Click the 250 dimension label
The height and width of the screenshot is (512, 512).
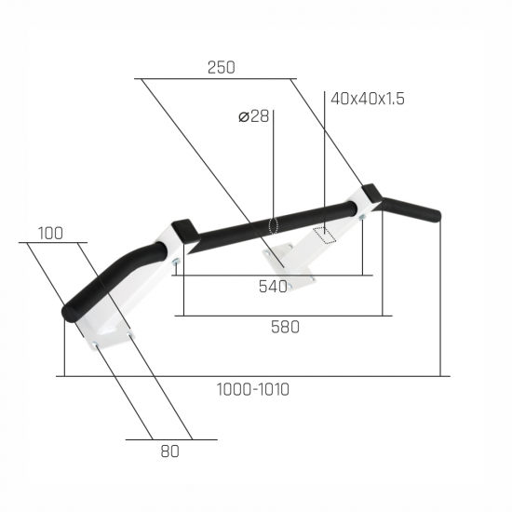[x=221, y=67]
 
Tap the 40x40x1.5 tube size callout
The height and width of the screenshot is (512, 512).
[x=368, y=99]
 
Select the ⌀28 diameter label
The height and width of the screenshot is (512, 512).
[x=253, y=116]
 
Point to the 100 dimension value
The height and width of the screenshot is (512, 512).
[x=50, y=234]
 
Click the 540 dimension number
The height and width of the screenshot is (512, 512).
[x=273, y=287]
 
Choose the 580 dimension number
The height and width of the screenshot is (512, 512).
[x=285, y=327]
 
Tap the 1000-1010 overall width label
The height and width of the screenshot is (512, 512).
[x=252, y=389]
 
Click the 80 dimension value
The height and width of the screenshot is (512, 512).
[x=169, y=451]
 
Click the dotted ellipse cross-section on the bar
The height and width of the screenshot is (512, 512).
[x=273, y=225]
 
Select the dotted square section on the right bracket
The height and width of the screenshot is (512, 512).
[x=324, y=236]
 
